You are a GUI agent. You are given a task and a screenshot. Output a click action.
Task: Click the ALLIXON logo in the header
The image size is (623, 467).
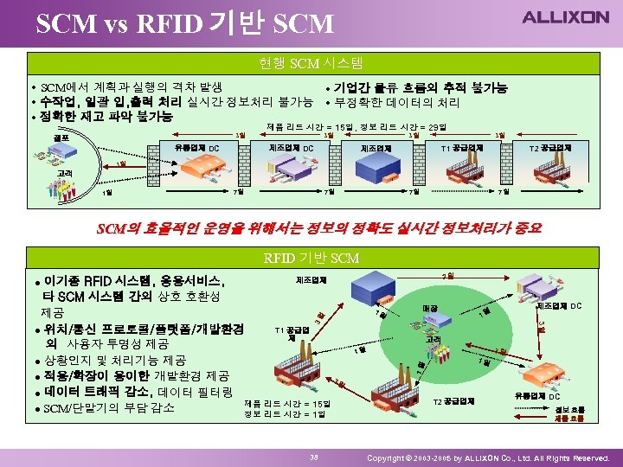click(x=565, y=17)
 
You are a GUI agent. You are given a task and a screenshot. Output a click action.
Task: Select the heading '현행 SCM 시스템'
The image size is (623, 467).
click(x=311, y=62)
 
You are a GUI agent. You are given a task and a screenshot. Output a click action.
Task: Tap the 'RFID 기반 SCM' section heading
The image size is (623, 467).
click(x=311, y=258)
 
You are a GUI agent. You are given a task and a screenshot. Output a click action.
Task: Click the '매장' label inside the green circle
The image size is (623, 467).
click(x=430, y=308)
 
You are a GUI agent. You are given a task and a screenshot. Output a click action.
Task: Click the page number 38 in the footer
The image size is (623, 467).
click(x=315, y=456)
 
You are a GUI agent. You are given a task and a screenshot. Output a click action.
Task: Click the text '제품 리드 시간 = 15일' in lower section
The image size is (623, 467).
click(x=286, y=403)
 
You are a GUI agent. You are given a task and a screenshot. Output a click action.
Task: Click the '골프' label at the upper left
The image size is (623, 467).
click(x=61, y=138)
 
